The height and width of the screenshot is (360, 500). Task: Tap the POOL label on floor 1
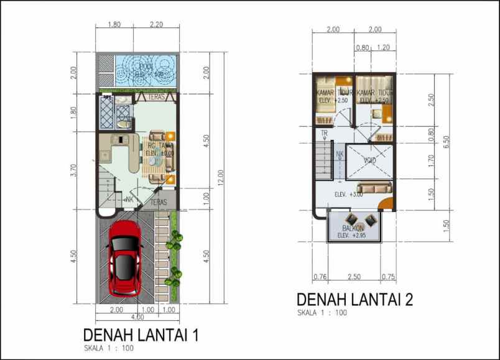pos(147,67)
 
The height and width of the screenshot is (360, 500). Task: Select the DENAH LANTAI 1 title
pos(141,336)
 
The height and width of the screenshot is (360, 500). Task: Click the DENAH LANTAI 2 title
pos(354,300)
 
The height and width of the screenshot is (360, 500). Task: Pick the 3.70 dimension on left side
pos(74,171)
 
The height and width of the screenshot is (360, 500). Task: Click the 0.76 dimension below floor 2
pos(320,277)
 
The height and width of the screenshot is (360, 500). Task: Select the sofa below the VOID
pos(374,187)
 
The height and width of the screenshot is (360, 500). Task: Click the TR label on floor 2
pos(324,134)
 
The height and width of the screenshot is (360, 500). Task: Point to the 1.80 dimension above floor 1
pos(114,25)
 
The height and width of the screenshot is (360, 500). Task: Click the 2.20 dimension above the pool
pos(156,25)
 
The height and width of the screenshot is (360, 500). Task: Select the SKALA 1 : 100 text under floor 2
pos(322,313)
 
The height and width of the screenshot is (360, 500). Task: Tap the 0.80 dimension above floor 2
pos(362,47)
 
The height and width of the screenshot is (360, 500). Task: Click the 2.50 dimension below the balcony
pos(354,277)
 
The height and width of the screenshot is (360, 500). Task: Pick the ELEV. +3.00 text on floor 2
pos(348,195)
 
